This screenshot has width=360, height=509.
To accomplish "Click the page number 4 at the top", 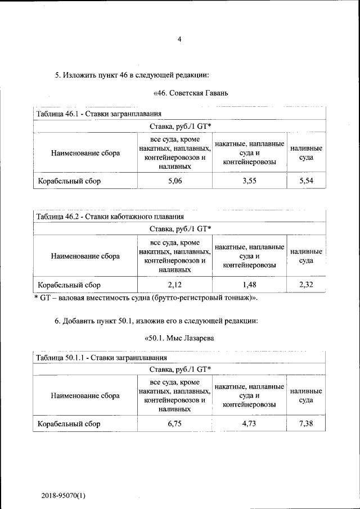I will tap(179, 39).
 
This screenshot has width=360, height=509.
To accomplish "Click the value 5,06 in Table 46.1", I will tap(175, 181).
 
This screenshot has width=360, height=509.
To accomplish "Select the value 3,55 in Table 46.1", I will tap(249, 181).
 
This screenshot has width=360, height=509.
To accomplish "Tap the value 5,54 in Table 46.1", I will tap(306, 181).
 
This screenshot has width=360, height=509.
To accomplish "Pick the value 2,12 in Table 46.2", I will tap(175, 285).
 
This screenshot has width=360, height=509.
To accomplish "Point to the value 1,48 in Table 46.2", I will tap(249, 285).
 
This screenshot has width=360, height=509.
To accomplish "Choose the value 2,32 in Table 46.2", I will tap(306, 285).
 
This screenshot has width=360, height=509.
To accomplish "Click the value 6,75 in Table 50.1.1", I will tap(175, 424).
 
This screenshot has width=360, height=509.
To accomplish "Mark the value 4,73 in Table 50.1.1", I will tap(249, 424).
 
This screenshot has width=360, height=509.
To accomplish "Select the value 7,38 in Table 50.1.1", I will tap(306, 424).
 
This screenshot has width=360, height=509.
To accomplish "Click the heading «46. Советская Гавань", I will tap(190, 92).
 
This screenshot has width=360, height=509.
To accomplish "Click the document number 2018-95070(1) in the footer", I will tap(63, 496).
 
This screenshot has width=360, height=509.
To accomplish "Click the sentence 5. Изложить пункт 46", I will tap(132, 74).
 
